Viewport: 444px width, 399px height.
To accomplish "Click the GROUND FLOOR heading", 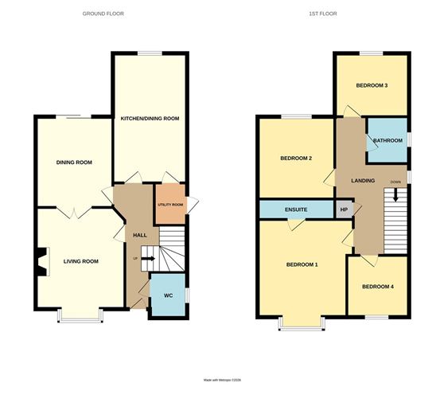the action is [x=103, y=14].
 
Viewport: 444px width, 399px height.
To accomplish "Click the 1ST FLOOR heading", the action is [x=323, y=14].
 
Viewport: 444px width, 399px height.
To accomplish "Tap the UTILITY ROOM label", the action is [x=170, y=205].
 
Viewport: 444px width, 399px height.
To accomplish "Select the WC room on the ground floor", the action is [x=167, y=295].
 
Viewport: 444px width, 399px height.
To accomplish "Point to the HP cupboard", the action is [x=344, y=209].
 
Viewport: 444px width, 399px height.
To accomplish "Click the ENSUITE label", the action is [x=296, y=209].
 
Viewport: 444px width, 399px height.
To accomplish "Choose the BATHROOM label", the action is [x=388, y=140].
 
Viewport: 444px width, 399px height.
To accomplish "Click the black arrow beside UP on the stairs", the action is [x=148, y=259].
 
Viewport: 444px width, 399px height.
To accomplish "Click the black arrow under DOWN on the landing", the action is [x=395, y=196].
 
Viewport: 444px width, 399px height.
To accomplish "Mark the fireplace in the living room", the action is [x=42, y=261].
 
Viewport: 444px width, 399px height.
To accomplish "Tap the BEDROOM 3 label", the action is [x=372, y=85].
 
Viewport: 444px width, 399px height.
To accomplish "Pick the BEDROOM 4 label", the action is [x=378, y=287].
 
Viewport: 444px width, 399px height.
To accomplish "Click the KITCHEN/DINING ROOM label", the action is [x=150, y=119].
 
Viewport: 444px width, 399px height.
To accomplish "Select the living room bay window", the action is [x=80, y=315].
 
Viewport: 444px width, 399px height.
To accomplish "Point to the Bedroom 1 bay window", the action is [x=302, y=323].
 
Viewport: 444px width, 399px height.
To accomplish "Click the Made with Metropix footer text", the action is [x=222, y=380].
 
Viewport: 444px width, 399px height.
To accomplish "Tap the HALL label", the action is [x=140, y=235].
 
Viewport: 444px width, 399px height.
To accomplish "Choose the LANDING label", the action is [x=363, y=181].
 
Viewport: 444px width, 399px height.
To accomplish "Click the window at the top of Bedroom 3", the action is [x=372, y=53].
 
